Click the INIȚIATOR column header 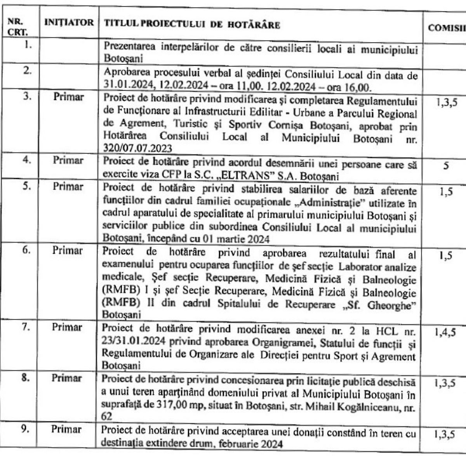point(70,23)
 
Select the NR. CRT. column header point(15,25)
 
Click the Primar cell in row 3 point(68,96)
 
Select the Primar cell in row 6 point(68,250)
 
